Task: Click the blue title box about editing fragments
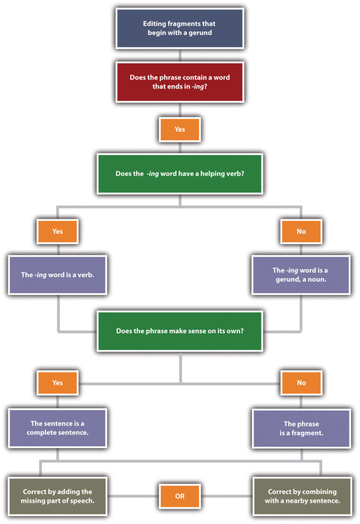pyautogui.click(x=180, y=28)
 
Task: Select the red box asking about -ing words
pyautogui.click(x=180, y=82)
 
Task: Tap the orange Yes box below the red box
pyautogui.click(x=180, y=129)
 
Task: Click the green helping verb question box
pyautogui.click(x=180, y=173)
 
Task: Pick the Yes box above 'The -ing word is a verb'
pyautogui.click(x=57, y=231)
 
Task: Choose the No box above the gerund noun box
pyautogui.click(x=301, y=231)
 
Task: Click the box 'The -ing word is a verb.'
pyautogui.click(x=57, y=275)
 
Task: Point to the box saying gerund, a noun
pyautogui.click(x=301, y=275)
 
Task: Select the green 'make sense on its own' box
pyautogui.click(x=180, y=330)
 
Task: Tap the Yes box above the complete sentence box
pyautogui.click(x=57, y=382)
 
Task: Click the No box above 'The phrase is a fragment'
pyautogui.click(x=301, y=382)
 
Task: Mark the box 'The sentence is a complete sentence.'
pyautogui.click(x=57, y=428)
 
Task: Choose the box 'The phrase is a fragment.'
pyautogui.click(x=301, y=428)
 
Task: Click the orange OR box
pyautogui.click(x=180, y=496)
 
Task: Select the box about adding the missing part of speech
pyautogui.click(x=57, y=496)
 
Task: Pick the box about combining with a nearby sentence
pyautogui.click(x=301, y=496)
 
